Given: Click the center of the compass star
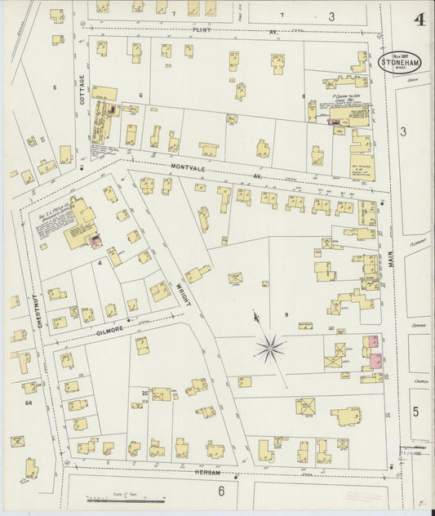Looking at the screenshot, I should [x=269, y=349].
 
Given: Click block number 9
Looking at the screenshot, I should [x=286, y=314].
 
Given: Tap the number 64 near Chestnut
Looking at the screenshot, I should [x=29, y=403].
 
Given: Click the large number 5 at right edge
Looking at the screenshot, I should [x=415, y=412].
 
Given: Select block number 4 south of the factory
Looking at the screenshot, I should [x=100, y=263].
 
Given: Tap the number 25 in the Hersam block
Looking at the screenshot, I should [x=144, y=393].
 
